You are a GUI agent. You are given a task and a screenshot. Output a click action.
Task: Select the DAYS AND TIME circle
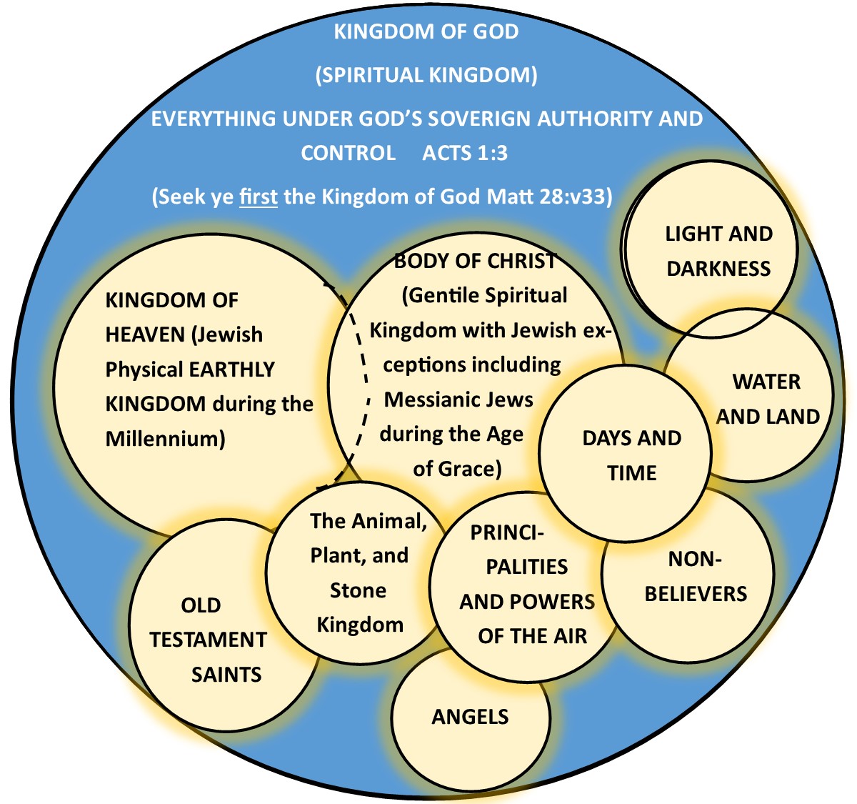point(631,455)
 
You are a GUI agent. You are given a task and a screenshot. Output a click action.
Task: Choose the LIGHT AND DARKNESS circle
point(718,252)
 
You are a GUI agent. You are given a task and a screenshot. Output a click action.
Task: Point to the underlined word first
point(259,197)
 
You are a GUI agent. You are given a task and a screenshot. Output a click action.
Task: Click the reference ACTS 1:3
point(465,153)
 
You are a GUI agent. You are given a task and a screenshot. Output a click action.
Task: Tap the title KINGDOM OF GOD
point(426,31)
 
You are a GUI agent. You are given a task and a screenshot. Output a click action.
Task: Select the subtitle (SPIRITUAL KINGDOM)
point(426,75)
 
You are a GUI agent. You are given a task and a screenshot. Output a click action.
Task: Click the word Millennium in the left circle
point(165,438)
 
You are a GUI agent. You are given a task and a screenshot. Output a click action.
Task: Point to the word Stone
point(358,590)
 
